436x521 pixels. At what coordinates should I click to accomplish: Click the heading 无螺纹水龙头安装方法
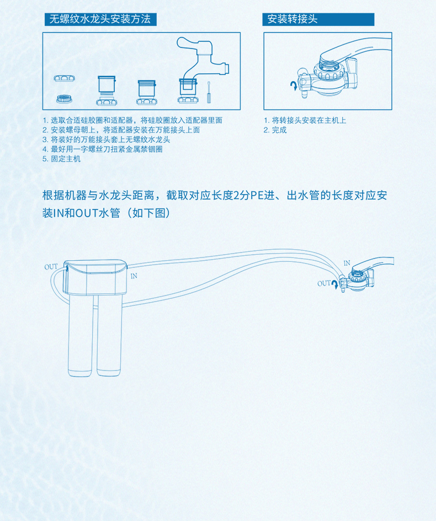coord(100,19)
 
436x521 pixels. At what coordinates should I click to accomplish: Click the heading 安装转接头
coord(293,19)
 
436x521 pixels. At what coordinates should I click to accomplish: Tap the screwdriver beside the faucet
coord(209,93)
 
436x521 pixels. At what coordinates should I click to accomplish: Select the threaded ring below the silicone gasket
coord(64,99)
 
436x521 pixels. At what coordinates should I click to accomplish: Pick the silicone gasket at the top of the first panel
coord(64,78)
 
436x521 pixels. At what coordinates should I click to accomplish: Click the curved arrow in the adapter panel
coord(294,85)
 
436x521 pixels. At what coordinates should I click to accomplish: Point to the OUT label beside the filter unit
coord(51,267)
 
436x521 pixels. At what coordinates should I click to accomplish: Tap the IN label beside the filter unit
coord(134,276)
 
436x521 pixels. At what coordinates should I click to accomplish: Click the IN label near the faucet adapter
coord(347,263)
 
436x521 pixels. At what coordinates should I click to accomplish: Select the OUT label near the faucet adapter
coord(324,283)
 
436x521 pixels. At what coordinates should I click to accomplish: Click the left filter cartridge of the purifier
coord(81,336)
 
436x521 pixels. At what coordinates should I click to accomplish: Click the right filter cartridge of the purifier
coord(109,336)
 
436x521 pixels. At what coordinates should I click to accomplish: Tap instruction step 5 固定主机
coord(61,159)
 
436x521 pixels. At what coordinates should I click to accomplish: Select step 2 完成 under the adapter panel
coord(275,130)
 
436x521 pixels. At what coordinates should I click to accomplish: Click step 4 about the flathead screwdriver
coord(103,149)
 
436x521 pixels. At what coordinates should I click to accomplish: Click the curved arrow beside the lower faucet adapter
coord(334,284)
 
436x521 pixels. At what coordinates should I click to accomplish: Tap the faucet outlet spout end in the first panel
coord(227,68)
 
